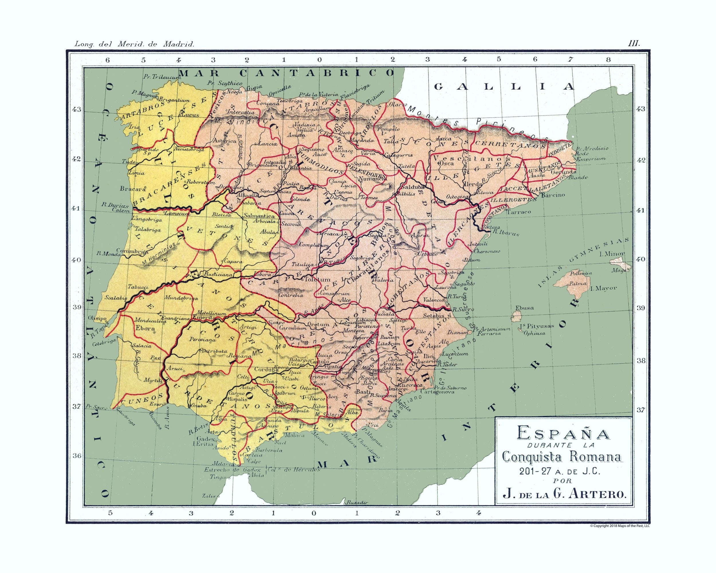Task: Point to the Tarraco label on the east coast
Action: tap(519, 212)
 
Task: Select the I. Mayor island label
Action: tap(603, 288)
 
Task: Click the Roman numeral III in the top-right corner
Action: tap(634, 44)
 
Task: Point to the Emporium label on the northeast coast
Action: tap(591, 159)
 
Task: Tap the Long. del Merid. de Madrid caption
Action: tap(134, 44)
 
